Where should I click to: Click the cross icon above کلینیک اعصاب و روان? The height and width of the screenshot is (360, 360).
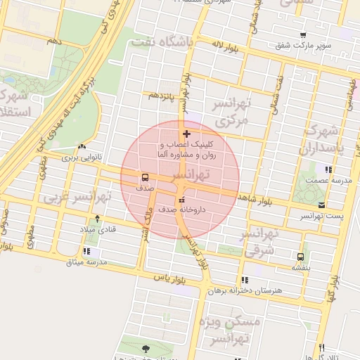(x=186, y=134)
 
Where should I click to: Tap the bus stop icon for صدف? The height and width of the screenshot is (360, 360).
(x=145, y=177)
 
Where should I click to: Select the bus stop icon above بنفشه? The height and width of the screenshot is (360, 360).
(x=301, y=257)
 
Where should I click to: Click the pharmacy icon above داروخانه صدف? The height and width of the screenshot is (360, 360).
(x=181, y=198)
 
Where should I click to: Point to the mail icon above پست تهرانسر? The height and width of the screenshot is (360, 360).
(x=322, y=205)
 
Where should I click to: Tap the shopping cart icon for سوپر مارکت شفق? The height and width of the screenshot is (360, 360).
(x=303, y=35)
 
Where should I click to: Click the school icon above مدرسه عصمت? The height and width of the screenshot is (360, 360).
(x=328, y=169)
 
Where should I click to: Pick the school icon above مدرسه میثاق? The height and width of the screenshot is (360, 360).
(x=86, y=250)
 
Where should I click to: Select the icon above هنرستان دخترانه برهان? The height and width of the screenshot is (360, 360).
(x=245, y=279)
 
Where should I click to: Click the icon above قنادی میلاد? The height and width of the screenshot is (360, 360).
(x=97, y=219)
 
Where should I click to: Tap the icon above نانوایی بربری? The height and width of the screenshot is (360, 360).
(x=83, y=147)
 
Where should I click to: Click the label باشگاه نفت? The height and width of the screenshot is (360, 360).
(x=162, y=42)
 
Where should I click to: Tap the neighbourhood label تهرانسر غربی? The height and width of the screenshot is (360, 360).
(x=68, y=197)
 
